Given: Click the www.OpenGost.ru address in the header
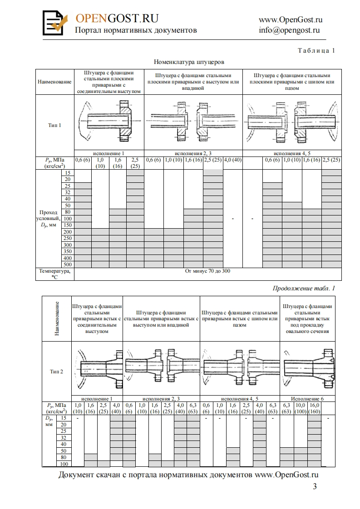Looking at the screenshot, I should [291, 20].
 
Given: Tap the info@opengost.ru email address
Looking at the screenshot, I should [290, 30].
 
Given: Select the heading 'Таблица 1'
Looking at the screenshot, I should [316, 51].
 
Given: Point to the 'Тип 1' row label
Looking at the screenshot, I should [54, 125].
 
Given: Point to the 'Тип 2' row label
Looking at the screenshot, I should [56, 371].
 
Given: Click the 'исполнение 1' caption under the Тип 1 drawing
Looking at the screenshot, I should [108, 153].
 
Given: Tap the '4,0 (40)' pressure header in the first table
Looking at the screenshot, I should [232, 160].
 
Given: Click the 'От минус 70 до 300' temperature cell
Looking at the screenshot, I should [208, 271].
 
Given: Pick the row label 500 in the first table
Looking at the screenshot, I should [68, 264].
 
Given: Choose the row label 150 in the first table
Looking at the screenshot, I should [68, 225].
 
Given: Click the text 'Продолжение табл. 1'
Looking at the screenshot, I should [304, 288].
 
